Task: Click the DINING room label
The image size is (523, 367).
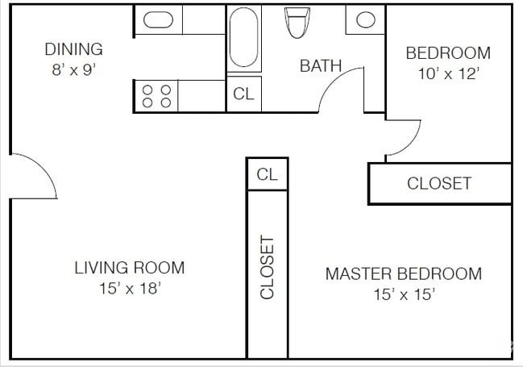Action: tap(73, 49)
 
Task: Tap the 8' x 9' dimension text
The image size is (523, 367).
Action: tap(73, 69)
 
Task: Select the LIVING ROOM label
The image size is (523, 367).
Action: tap(130, 268)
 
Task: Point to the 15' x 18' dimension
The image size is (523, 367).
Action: tap(130, 288)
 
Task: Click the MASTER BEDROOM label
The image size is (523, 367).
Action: tap(403, 274)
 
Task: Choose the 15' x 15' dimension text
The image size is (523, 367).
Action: tap(404, 294)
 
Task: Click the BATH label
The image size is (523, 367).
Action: tap(321, 66)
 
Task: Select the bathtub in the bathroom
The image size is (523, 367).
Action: tap(245, 38)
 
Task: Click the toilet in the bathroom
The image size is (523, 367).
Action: tap(297, 22)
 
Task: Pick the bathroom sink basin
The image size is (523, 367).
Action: tap(366, 20)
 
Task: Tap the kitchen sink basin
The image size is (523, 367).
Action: tap(158, 20)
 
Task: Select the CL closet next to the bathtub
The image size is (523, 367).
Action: tap(243, 94)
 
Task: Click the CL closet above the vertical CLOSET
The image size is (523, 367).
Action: tap(267, 174)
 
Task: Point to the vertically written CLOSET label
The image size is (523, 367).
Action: tap(268, 267)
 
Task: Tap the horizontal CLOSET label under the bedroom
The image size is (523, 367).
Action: tap(439, 183)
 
